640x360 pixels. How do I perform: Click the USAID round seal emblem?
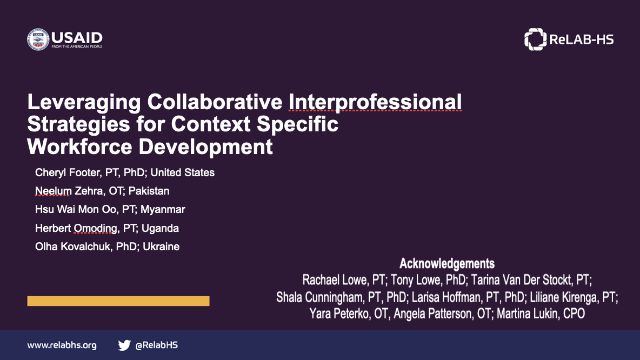[38, 39]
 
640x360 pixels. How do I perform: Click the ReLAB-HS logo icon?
[535, 39]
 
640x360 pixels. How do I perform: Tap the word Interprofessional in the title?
[375, 102]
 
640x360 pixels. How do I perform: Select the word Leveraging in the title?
[84, 103]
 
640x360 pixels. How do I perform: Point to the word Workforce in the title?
[79, 147]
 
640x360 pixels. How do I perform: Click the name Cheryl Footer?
[68, 172]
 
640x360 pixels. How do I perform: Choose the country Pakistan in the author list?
[149, 191]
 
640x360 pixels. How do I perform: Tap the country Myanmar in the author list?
[163, 210]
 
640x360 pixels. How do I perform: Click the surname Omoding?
[96, 228]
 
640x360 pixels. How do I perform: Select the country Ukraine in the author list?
[161, 246]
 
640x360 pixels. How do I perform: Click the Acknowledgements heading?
[447, 264]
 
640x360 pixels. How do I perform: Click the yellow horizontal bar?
[118, 301]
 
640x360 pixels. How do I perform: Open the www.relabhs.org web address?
[62, 345]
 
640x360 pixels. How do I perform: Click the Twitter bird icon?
[124, 345]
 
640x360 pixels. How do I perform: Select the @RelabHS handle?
[156, 345]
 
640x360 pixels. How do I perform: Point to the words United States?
[183, 172]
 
